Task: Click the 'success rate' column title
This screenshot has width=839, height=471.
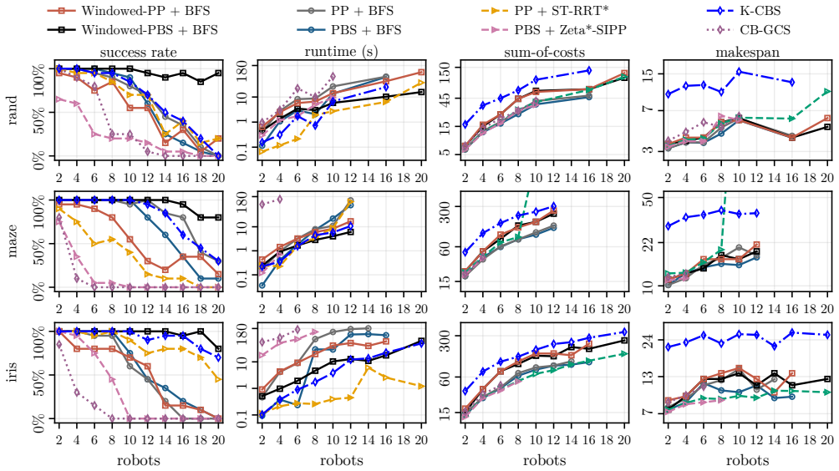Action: [x=138, y=53]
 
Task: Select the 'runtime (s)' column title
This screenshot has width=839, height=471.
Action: [x=342, y=51]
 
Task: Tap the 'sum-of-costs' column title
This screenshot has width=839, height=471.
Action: [x=544, y=53]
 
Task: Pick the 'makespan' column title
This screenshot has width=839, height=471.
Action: [x=748, y=53]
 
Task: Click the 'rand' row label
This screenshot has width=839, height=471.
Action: [x=12, y=110]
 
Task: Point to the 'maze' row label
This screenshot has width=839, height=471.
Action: [x=12, y=241]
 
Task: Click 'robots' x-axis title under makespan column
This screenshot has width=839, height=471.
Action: [x=748, y=460]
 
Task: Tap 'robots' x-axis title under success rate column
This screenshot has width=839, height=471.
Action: [x=138, y=460]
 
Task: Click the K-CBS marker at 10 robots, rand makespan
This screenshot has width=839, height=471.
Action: [x=739, y=72]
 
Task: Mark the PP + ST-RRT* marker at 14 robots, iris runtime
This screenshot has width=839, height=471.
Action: [x=368, y=367]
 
